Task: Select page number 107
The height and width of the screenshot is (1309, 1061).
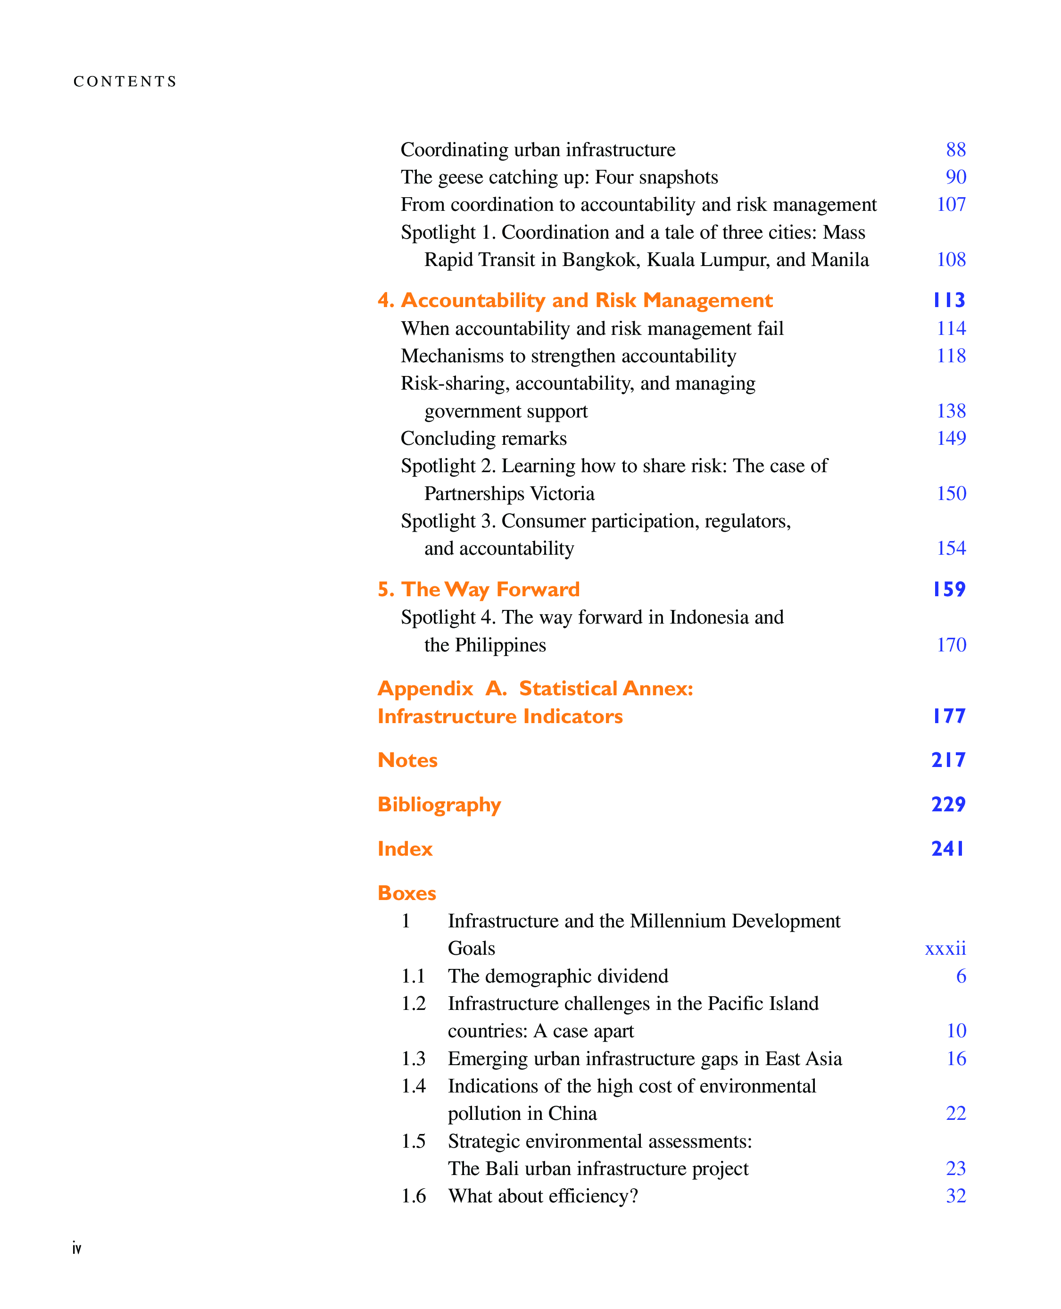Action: (x=951, y=204)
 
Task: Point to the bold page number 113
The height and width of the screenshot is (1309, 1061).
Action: (x=949, y=300)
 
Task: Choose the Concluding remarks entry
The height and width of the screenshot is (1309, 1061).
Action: (x=483, y=438)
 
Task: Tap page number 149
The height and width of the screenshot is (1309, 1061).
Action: (x=951, y=438)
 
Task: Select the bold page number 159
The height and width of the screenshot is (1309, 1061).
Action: (x=949, y=589)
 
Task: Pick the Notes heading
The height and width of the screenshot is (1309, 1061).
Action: (x=407, y=760)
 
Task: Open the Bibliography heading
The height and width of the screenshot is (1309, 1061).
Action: (x=439, y=805)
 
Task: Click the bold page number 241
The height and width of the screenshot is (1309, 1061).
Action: (x=948, y=849)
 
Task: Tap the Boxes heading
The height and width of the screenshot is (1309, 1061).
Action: (x=406, y=893)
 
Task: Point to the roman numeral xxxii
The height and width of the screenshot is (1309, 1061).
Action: (x=945, y=948)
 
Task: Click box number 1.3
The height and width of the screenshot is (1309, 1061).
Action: (x=413, y=1059)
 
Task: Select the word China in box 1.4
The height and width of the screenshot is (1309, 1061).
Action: (x=572, y=1113)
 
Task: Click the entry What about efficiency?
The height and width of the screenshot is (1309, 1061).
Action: (x=543, y=1196)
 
